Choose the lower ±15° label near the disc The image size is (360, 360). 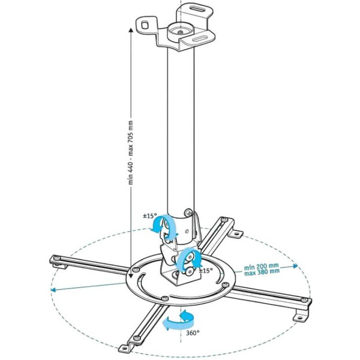pyautogui.click(x=205, y=271)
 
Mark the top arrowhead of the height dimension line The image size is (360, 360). pyautogui.click(x=130, y=28)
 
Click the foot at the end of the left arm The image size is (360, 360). pyautogui.click(x=55, y=259)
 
